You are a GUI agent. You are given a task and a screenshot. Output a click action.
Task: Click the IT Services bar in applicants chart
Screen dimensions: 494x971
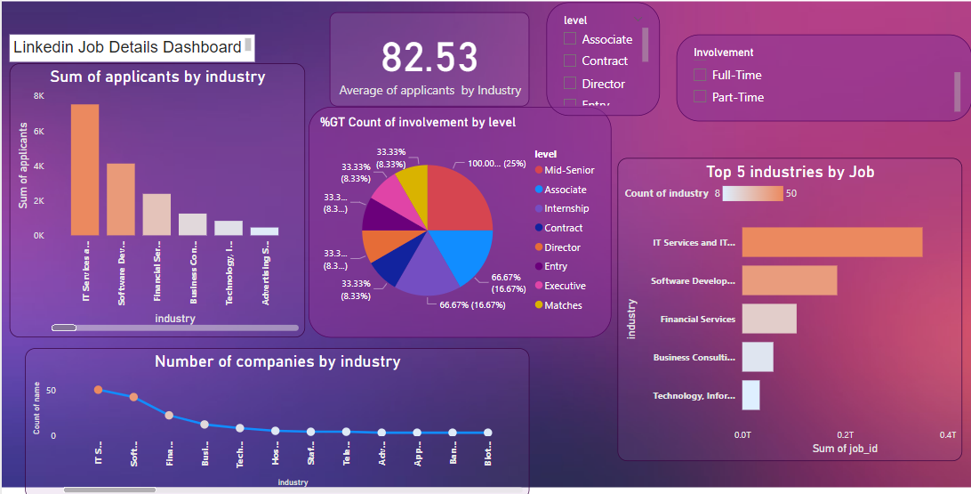(84, 169)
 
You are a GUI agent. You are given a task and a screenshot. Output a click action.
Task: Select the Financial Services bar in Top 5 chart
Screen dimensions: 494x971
(769, 319)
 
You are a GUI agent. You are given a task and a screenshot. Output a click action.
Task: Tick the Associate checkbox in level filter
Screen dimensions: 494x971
(570, 39)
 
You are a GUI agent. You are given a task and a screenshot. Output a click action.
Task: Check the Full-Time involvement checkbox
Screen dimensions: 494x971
(700, 76)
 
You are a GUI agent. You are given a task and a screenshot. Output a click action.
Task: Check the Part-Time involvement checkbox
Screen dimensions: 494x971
(700, 97)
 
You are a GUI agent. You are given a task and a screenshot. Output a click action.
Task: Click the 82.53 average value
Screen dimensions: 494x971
(429, 58)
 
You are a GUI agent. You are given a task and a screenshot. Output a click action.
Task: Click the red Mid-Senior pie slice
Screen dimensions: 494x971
(461, 197)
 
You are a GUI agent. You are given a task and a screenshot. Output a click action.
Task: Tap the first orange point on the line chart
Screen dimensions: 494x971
(98, 390)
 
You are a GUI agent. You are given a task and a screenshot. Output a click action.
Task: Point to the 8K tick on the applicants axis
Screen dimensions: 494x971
(39, 95)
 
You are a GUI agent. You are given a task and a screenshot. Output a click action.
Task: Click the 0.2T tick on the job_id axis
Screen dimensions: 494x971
(845, 434)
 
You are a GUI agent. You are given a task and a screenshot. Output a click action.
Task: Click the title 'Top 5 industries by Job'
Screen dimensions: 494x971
(790, 172)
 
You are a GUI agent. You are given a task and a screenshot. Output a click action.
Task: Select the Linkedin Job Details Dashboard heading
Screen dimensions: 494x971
(127, 47)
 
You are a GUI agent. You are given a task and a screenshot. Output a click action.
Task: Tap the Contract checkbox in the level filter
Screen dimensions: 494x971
(570, 61)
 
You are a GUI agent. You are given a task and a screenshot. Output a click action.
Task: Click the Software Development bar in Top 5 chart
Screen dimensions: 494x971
(790, 280)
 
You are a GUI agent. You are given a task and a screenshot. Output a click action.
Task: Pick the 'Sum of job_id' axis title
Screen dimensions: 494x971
(845, 449)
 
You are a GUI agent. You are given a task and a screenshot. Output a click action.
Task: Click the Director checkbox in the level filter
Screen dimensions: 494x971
(570, 84)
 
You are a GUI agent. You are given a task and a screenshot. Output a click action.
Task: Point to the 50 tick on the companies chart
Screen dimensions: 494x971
(51, 391)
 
